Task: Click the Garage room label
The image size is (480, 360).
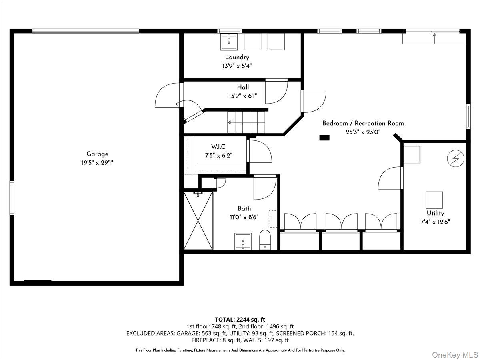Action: coord(97,154)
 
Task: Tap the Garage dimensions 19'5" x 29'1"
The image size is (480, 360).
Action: coord(97,163)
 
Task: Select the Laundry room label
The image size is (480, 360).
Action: coord(237,57)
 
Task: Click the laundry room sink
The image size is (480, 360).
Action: coord(229,42)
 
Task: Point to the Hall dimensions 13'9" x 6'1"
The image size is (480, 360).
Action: coord(242,96)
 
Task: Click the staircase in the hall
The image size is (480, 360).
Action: coord(246,122)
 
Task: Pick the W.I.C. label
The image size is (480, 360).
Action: coord(219,147)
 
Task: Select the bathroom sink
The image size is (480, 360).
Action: coord(243,241)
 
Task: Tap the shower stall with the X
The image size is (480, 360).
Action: coord(198,221)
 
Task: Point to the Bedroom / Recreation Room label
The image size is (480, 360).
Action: coord(363,123)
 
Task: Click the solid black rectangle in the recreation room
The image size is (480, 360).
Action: coord(324,138)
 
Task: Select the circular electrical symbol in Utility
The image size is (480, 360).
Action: coord(455,158)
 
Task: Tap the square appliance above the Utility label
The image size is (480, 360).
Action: coord(434,200)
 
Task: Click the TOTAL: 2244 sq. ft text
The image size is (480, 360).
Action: coord(240,319)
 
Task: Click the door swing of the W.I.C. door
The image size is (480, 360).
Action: coord(260,152)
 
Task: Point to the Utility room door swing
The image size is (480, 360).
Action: coord(390,179)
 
